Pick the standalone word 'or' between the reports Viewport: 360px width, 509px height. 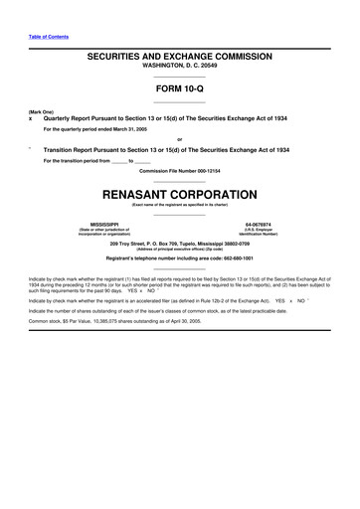[x=180, y=138]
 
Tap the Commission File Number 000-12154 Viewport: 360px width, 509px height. [x=180, y=170]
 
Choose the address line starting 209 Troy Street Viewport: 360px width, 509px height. [x=180, y=243]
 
